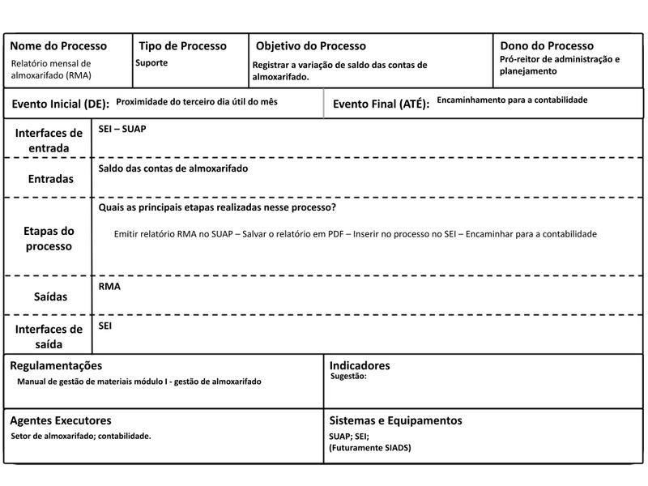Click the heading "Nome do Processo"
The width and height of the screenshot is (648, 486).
pyautogui.click(x=58, y=46)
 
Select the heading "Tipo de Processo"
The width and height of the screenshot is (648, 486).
pyautogui.click(x=183, y=46)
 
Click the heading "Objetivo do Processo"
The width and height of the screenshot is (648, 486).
pyautogui.click(x=311, y=46)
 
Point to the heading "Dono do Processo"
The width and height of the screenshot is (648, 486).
pyautogui.click(x=547, y=46)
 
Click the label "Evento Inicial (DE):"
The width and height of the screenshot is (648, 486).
pyautogui.click(x=60, y=104)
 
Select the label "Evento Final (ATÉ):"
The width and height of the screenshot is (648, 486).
pyautogui.click(x=381, y=104)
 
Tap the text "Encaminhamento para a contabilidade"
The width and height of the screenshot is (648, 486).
pyautogui.click(x=512, y=100)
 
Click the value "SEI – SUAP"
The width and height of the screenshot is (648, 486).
pyautogui.click(x=122, y=129)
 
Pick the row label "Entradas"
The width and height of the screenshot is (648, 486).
pyautogui.click(x=49, y=178)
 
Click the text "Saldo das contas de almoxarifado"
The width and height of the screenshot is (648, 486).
pyautogui.click(x=173, y=168)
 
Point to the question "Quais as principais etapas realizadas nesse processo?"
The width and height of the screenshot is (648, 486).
pyautogui.click(x=218, y=208)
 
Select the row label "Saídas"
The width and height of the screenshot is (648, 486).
pyautogui.click(x=49, y=297)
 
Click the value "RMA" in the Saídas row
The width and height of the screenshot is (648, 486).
pyautogui.click(x=109, y=287)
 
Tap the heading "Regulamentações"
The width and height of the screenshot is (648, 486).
pyautogui.click(x=56, y=366)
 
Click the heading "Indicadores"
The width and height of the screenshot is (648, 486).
pyautogui.click(x=360, y=366)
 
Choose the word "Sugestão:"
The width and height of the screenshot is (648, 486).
pyautogui.click(x=350, y=377)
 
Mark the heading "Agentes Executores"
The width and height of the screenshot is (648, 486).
pyautogui.click(x=61, y=421)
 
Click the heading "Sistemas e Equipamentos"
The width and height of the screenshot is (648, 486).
pyautogui.click(x=395, y=421)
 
